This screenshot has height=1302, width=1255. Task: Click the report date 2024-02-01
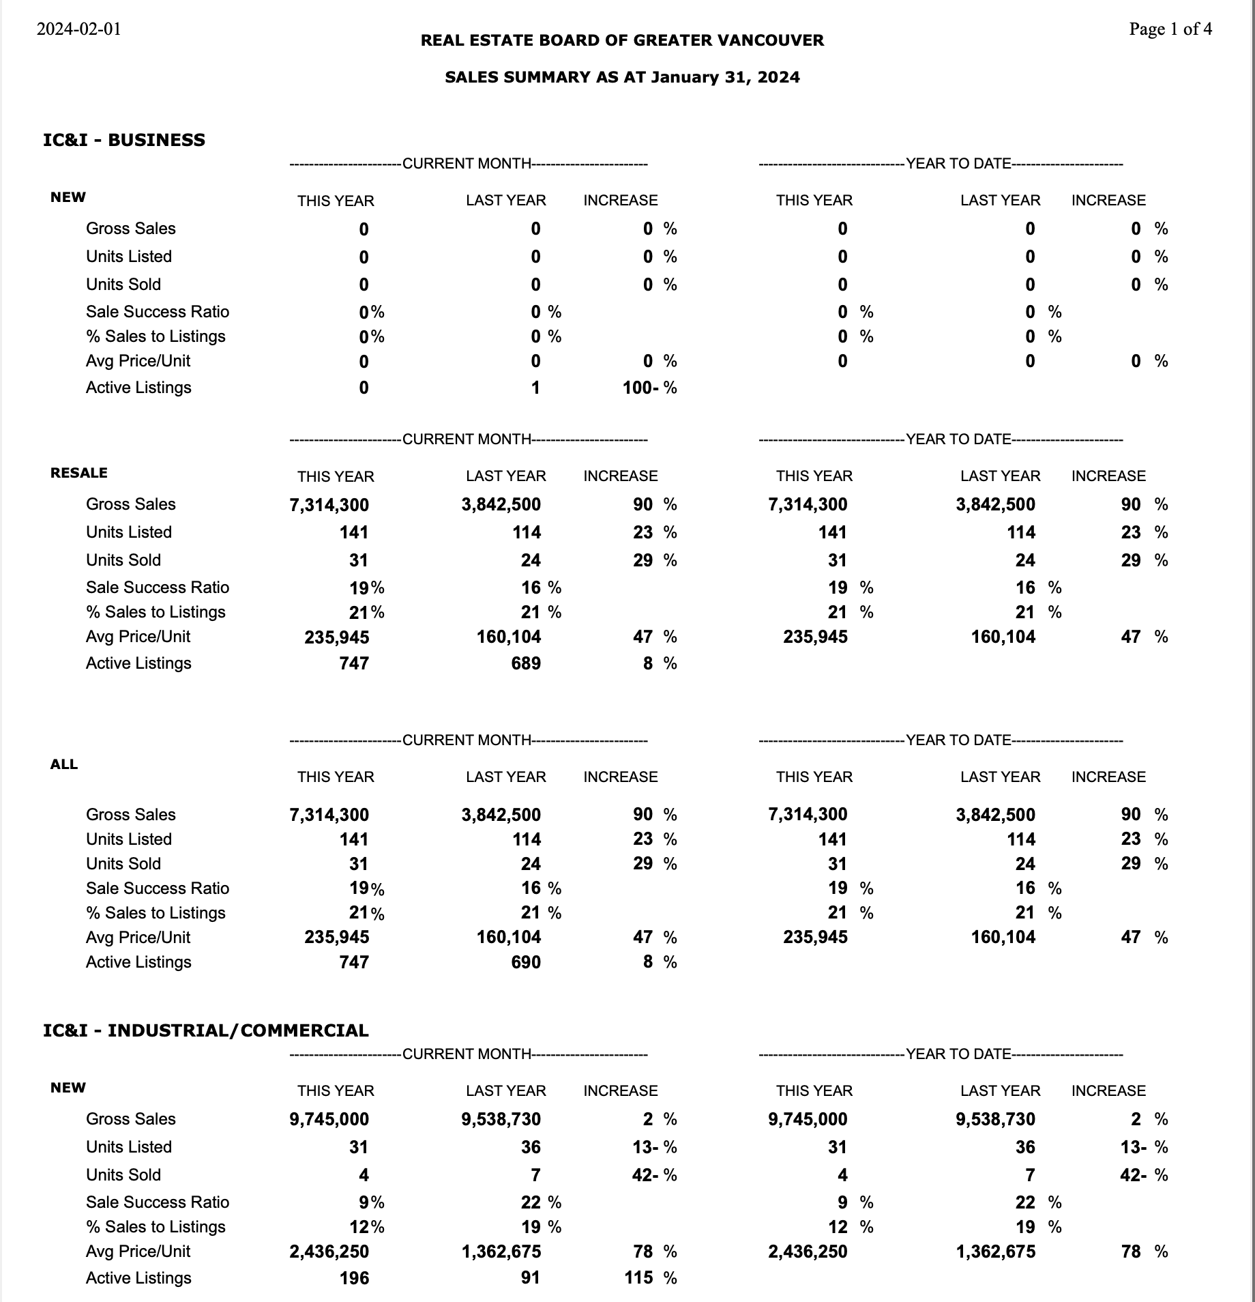coord(78,29)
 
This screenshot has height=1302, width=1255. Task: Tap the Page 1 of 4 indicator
coord(1170,29)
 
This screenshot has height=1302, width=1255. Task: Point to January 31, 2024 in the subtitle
coord(725,77)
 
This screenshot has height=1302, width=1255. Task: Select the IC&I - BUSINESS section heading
coord(123,140)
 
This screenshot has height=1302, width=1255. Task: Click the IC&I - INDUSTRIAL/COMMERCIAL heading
coord(205,1030)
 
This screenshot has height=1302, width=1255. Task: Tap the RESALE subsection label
coord(78,473)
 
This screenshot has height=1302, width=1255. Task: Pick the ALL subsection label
coord(63,764)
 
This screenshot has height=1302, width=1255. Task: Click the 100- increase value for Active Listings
coord(640,388)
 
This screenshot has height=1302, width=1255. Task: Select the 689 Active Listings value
coord(525,663)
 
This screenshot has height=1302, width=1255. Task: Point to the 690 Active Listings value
coord(525,962)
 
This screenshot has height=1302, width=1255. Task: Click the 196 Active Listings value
coord(354,1278)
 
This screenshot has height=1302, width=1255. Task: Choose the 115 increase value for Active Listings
coord(638,1277)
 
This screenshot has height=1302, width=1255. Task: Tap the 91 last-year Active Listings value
coord(530,1278)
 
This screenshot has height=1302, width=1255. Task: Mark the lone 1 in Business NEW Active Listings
coord(535,388)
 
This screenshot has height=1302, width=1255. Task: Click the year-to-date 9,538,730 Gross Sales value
coord(995,1119)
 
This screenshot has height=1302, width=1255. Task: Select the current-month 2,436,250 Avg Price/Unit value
coord(329,1252)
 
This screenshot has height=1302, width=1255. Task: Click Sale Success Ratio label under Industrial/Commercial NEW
coord(157,1202)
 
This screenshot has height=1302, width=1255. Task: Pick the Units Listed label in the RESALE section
coord(128,532)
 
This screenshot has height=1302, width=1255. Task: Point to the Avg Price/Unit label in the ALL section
coord(138,938)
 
